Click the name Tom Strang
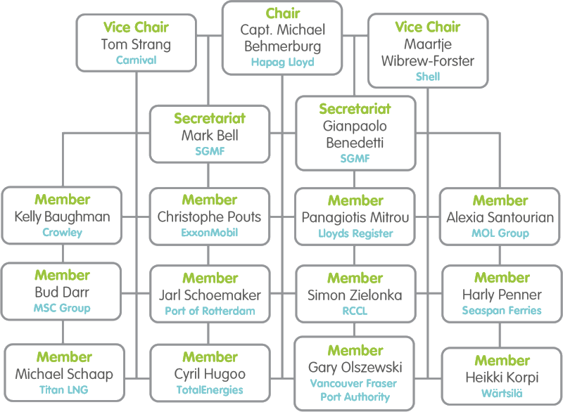(137, 45)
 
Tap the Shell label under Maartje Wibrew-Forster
(428, 77)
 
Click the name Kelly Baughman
(62, 217)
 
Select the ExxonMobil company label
(208, 232)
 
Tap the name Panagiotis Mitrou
(355, 217)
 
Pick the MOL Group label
(500, 232)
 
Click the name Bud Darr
(62, 292)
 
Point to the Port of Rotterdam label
(208, 309)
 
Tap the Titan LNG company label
(62, 389)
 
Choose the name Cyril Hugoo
(208, 373)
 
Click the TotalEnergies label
(208, 389)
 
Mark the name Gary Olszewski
(355, 366)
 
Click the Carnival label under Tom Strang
(137, 60)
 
